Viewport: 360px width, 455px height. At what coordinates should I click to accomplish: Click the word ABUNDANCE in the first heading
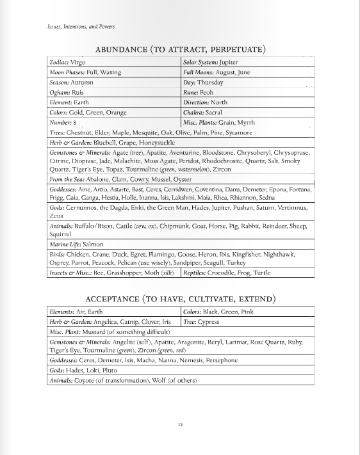click(122, 49)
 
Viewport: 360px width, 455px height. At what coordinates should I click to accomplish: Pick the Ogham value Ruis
click(78, 92)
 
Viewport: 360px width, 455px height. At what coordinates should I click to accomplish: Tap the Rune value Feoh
click(208, 92)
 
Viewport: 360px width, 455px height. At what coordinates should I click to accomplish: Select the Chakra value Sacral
click(217, 112)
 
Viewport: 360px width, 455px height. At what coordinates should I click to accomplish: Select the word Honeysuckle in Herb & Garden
click(156, 143)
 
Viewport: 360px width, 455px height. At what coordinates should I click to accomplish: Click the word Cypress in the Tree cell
click(209, 322)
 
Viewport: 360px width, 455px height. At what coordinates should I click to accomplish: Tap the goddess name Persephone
click(222, 361)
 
